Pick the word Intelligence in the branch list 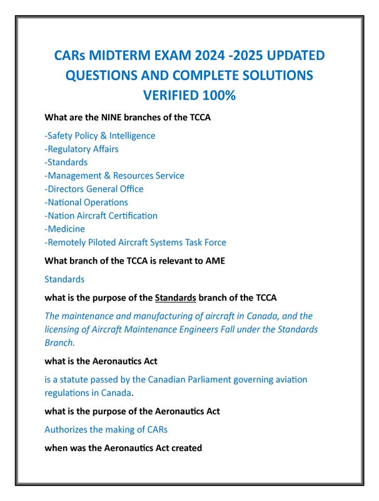pyautogui.click(x=132, y=135)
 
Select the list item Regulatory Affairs pyautogui.click(x=81, y=148)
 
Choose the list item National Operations pyautogui.click(x=86, y=202)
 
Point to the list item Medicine pyautogui.click(x=64, y=229)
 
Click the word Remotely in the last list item pyautogui.click(x=67, y=242)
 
